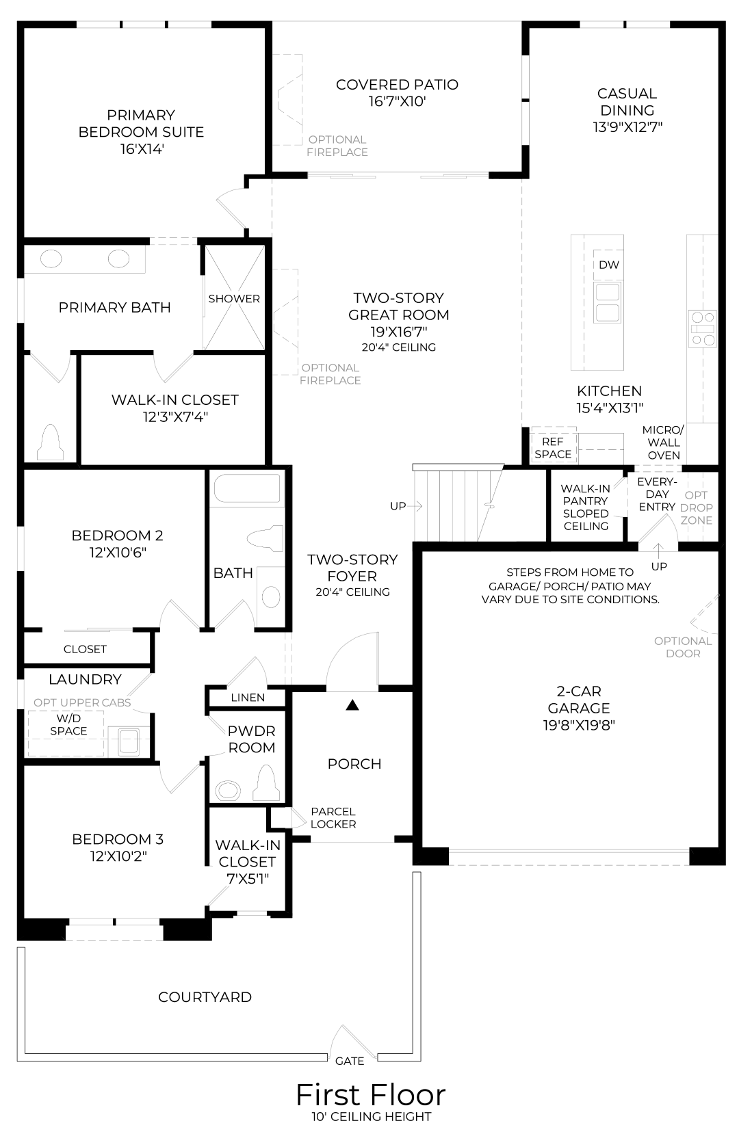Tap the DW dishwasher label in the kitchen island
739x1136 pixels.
tap(608, 265)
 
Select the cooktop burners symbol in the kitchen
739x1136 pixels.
tap(703, 329)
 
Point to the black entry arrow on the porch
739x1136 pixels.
tap(352, 705)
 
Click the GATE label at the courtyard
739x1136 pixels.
tap(350, 1061)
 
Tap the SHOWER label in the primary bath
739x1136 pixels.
tap(234, 299)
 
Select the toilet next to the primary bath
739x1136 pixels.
tap(50, 442)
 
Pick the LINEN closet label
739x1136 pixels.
tap(248, 698)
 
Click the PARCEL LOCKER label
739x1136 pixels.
tap(333, 818)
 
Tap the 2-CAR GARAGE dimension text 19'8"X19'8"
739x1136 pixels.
tap(579, 725)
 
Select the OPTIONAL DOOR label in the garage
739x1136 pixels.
tap(683, 647)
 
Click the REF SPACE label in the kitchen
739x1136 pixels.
tap(553, 448)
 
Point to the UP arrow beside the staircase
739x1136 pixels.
tap(415, 505)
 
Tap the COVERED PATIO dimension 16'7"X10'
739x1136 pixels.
tap(397, 101)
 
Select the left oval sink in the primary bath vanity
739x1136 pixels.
tap(51, 259)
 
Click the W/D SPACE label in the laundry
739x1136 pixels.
tap(68, 724)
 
